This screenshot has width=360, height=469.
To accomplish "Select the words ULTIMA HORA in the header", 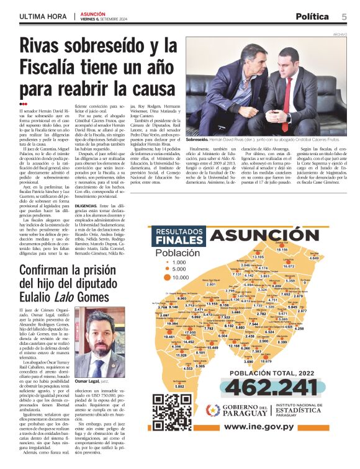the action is (42, 17).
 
